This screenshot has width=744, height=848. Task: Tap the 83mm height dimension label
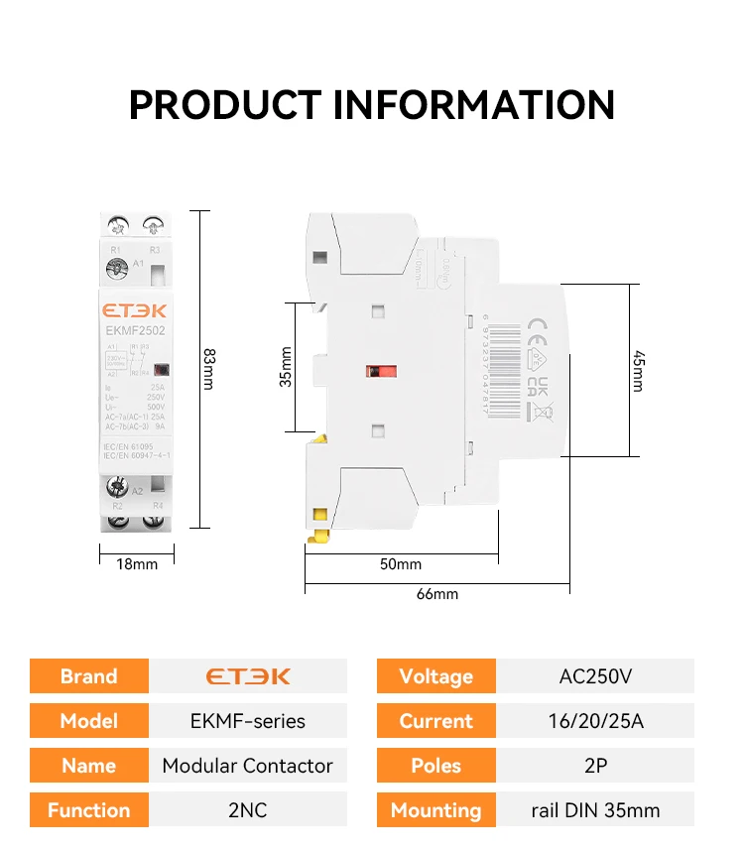(208, 368)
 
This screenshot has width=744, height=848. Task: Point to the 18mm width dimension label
(137, 564)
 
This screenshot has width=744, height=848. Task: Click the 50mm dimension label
(401, 564)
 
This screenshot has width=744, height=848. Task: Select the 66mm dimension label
(437, 594)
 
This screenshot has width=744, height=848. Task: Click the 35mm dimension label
(286, 367)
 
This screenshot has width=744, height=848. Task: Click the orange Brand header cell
(89, 676)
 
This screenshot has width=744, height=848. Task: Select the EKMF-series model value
(248, 721)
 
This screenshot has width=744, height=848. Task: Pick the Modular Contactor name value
(248, 766)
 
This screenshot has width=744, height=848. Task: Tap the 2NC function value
(248, 810)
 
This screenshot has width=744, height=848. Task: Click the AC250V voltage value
(595, 676)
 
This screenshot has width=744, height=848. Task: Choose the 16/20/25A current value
(595, 721)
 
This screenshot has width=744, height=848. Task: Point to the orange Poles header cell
(436, 766)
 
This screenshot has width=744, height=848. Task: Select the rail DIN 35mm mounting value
(595, 810)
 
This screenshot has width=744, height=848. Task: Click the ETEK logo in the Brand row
(248, 676)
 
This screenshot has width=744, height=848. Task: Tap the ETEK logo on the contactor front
(137, 309)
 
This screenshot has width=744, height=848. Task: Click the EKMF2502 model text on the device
(137, 330)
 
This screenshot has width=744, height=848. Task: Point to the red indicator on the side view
(375, 372)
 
